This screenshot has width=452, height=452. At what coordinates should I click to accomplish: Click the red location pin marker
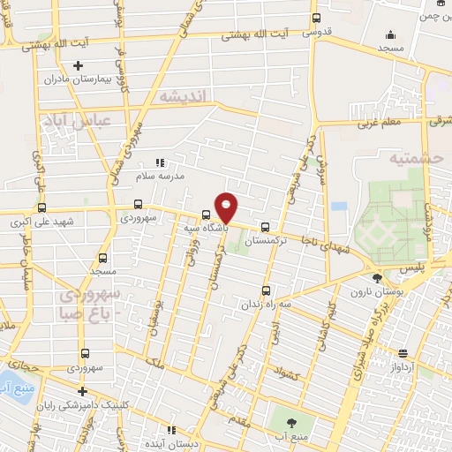pyautogui.click(x=226, y=208)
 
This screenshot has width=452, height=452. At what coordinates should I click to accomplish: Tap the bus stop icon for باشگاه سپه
pyautogui.click(x=206, y=214)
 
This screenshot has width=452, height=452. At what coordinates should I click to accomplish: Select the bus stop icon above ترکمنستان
pyautogui.click(x=266, y=226)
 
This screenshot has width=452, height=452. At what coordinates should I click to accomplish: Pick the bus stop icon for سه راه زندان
pyautogui.click(x=267, y=289)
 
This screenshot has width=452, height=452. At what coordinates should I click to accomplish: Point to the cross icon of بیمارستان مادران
pyautogui.click(x=79, y=65)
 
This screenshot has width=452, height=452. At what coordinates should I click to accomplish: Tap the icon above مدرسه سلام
pyautogui.click(x=160, y=162)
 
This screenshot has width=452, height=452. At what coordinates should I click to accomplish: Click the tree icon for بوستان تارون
pyautogui.click(x=376, y=278)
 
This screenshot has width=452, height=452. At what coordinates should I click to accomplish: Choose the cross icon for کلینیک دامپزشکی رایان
pyautogui.click(x=82, y=390)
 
